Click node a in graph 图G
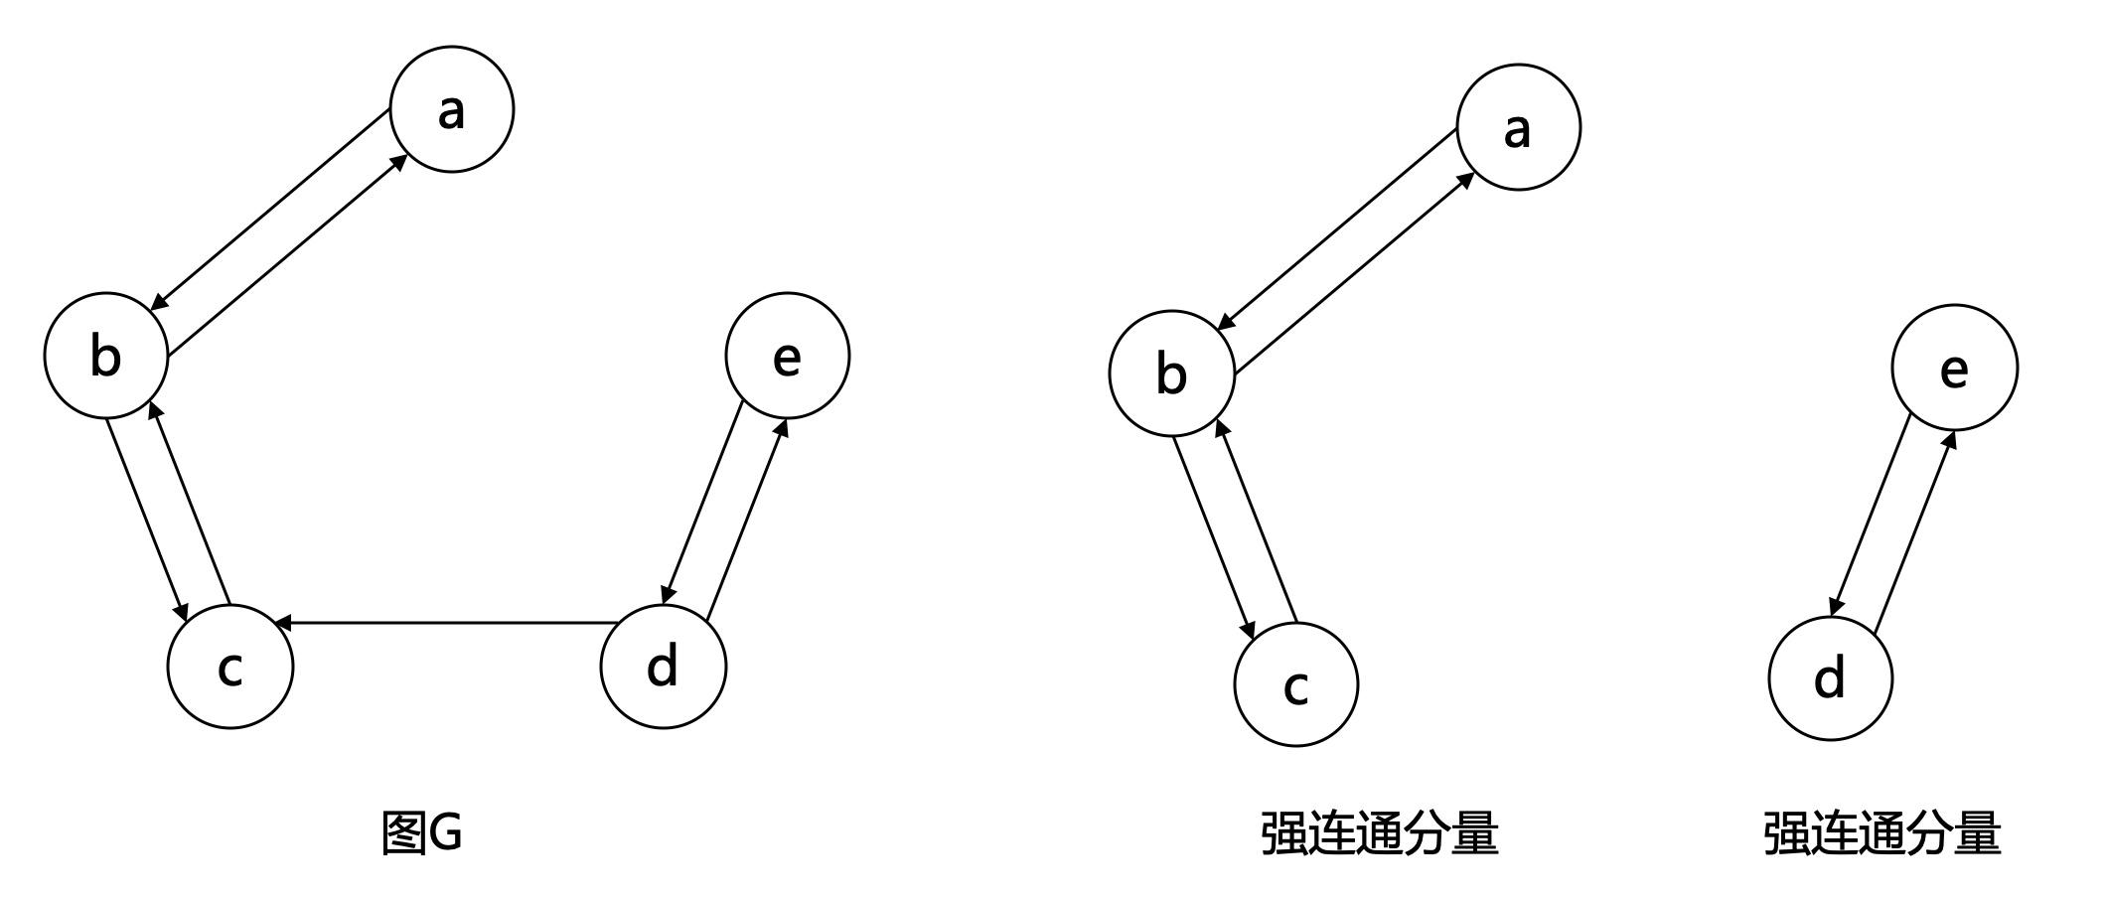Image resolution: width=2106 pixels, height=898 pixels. point(452,109)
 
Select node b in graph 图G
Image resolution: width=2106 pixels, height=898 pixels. point(106,355)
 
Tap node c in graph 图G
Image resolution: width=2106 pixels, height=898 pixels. point(230,666)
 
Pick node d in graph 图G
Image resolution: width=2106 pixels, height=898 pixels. point(663,666)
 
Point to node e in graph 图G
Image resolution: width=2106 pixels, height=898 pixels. point(787,355)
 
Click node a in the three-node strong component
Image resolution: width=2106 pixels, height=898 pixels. point(1518,127)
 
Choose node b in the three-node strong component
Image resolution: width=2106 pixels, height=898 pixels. point(1172,374)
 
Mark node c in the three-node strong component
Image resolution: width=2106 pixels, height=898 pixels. point(1295,684)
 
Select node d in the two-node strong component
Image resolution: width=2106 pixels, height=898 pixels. point(1830,678)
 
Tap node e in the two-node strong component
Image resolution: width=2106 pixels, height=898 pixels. point(1954,368)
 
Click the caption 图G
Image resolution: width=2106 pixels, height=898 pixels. point(422,832)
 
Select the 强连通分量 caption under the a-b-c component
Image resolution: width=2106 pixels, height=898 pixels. point(1379,832)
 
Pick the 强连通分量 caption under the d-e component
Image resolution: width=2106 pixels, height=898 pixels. point(1881,832)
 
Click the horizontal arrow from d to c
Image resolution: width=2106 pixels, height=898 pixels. point(447,623)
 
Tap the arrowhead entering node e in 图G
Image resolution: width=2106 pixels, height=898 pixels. point(783,427)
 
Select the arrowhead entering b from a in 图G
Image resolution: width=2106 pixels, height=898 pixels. point(158,304)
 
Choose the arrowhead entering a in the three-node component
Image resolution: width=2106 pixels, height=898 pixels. point(1465,179)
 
